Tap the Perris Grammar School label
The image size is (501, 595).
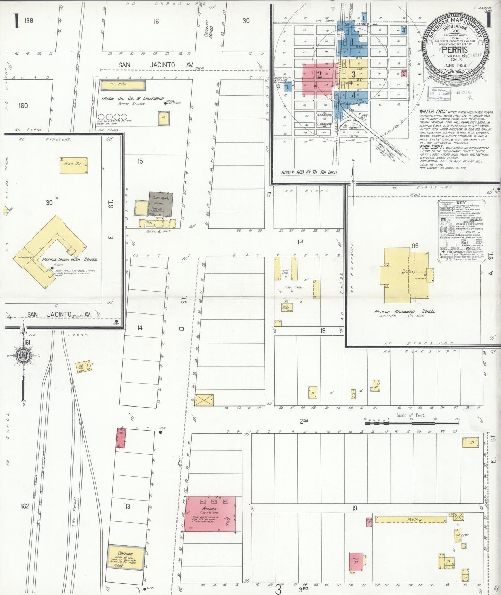405,311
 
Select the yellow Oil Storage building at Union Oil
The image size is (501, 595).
122,84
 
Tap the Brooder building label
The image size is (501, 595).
462,535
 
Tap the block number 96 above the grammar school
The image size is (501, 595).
415,246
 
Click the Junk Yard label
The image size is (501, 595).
294,287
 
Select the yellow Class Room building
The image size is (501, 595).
73,165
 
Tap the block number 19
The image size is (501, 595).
354,508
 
